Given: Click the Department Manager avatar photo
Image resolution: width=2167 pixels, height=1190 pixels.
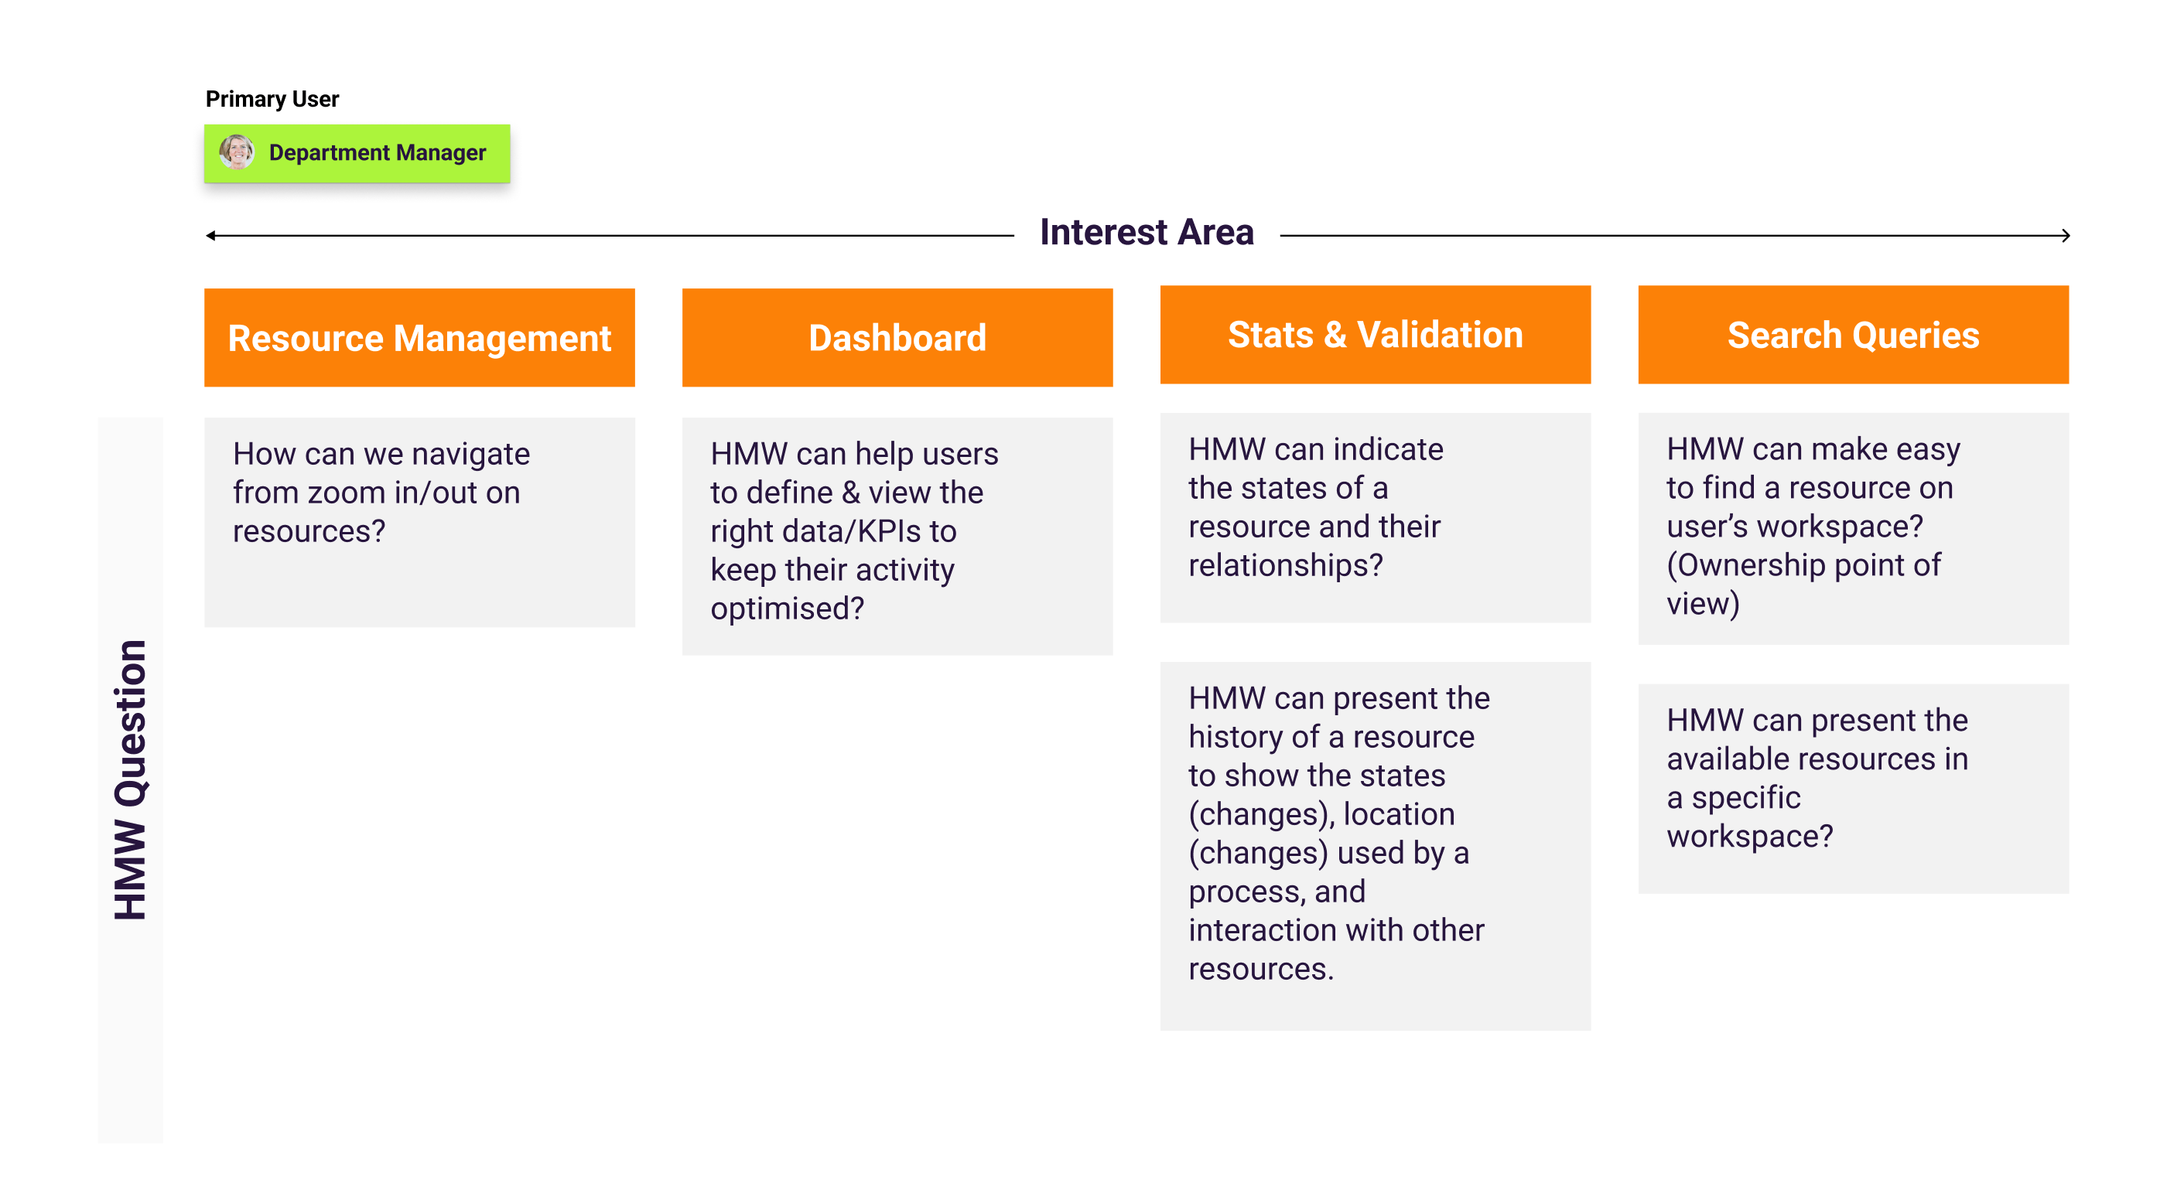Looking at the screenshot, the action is (x=237, y=153).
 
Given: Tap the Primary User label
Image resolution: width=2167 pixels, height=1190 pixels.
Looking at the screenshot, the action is (x=272, y=99).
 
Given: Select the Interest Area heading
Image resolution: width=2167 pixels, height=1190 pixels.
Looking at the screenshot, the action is (x=1146, y=232).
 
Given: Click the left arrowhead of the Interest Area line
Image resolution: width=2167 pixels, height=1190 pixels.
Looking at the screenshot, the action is (x=210, y=236).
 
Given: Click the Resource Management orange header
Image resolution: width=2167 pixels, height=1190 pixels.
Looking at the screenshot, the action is (x=419, y=337).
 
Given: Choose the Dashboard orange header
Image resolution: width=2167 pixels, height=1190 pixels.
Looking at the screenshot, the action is (x=897, y=337).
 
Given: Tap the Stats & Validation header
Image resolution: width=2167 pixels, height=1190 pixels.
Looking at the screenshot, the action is (x=1375, y=335).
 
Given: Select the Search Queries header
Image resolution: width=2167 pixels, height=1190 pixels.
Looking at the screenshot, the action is (x=1852, y=335).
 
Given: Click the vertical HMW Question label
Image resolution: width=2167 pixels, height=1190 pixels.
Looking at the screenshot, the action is (x=131, y=779).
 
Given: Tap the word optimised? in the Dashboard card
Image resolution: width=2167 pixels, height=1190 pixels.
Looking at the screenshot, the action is (x=787, y=609).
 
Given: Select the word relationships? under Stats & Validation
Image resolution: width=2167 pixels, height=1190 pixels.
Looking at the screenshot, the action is (x=1284, y=565).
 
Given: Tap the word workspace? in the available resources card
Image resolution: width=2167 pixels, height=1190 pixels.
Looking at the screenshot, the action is (x=1749, y=837).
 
